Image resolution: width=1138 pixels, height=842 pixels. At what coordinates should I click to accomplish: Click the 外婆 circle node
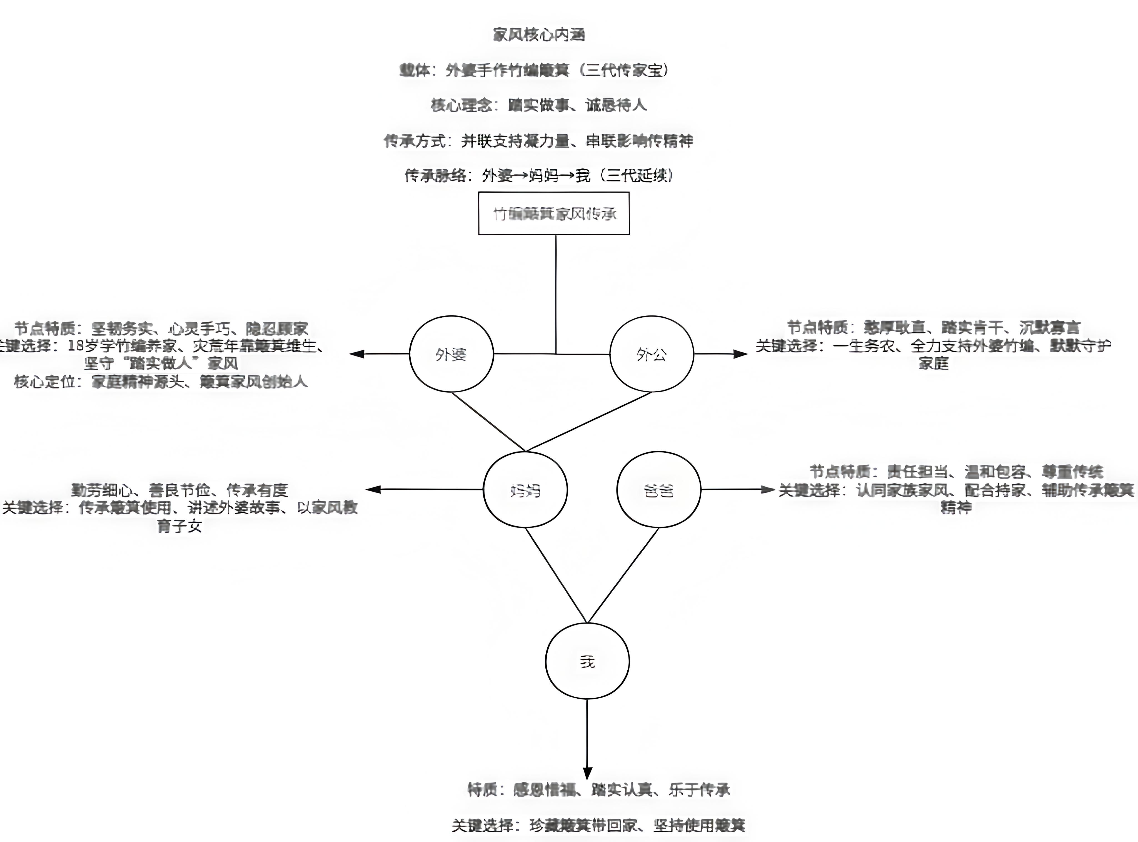(x=451, y=354)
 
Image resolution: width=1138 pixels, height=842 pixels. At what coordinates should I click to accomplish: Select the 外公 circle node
(x=651, y=354)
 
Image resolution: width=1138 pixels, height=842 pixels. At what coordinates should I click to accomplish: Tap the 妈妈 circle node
(x=525, y=490)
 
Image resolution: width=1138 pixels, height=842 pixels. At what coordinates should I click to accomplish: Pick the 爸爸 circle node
(x=658, y=490)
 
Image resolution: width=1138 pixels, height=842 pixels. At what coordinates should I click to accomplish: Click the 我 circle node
(x=587, y=661)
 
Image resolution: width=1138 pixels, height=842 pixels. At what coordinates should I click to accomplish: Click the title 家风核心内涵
(x=539, y=35)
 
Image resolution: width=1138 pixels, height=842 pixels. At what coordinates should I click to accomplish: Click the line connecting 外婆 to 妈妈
(x=488, y=422)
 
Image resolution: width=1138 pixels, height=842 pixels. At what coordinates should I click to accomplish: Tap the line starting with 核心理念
(x=539, y=105)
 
